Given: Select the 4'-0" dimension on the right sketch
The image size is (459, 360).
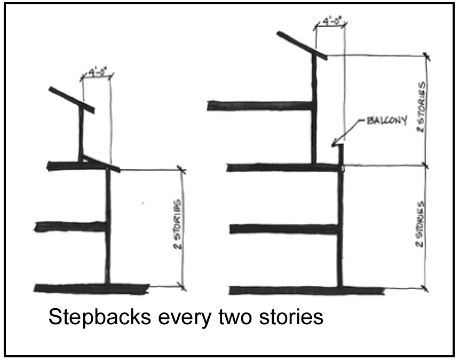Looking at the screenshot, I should (x=330, y=22).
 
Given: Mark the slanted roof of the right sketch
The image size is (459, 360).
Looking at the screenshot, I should (x=302, y=45).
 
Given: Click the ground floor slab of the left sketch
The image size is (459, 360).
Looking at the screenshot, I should (x=91, y=288).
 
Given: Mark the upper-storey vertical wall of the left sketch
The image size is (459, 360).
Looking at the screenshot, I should (x=82, y=134).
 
